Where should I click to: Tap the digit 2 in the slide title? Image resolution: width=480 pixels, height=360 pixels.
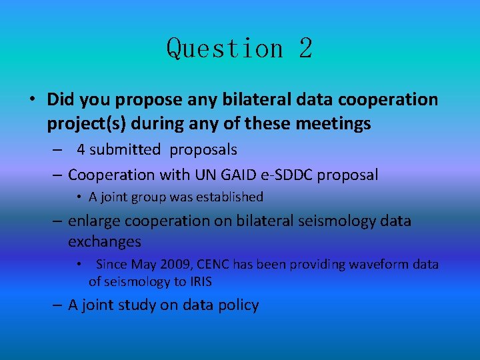(305, 49)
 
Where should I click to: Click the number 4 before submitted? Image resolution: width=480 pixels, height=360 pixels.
(81, 150)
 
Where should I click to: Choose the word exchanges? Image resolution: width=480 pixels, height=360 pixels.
(104, 241)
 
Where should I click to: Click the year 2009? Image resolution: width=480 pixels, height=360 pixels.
(175, 265)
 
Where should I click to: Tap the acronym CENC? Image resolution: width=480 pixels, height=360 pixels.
(212, 265)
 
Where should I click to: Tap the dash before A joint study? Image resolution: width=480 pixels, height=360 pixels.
(57, 305)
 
